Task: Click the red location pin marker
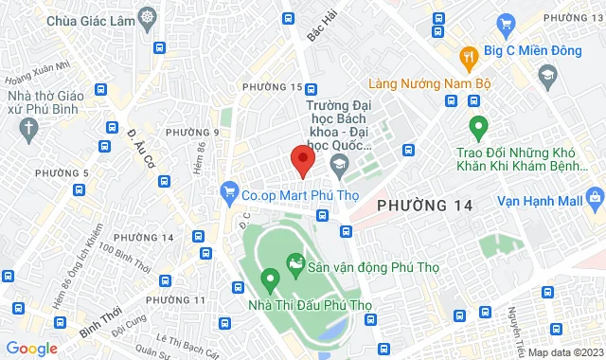click(302, 160)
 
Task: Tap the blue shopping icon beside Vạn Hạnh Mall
click(594, 198)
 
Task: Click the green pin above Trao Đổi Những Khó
click(478, 124)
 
